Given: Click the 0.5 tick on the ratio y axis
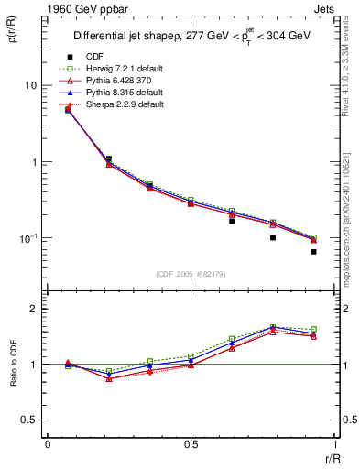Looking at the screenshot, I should coord(29,420).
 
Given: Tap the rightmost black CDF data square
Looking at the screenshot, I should coord(313,251).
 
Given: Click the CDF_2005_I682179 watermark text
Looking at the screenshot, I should coord(191,274).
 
